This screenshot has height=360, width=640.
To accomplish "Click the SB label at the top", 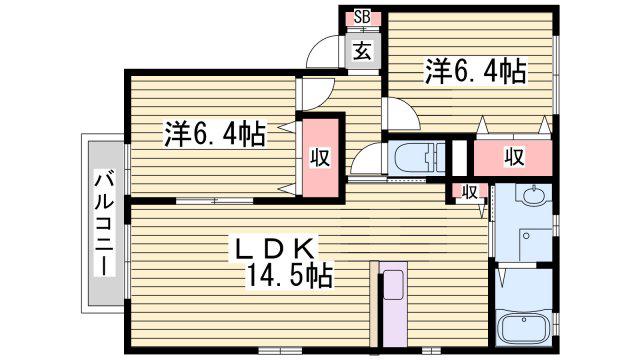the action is tap(362, 17).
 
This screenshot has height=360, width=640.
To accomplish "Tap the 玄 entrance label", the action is tap(362, 52).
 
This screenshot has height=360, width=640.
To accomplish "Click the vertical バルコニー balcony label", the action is tap(104, 224).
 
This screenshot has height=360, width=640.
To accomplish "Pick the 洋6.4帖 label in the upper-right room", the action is tap(476, 72).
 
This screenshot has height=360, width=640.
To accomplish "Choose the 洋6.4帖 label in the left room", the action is tap(215, 134).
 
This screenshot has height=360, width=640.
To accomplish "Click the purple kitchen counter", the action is tap(393, 304).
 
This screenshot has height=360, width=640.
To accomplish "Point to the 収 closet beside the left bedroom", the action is tap(321, 157).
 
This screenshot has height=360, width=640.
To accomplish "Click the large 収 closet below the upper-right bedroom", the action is tap(513, 157).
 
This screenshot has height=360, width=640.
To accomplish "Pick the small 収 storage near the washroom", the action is tap(470, 191).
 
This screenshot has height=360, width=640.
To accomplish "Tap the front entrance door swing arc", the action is tap(322, 51).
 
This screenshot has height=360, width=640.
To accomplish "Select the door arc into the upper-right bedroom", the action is tap(402, 114).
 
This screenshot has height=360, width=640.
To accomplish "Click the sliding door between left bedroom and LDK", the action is tap(215, 201).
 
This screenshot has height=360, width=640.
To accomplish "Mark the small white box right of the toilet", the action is tap(460, 158).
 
